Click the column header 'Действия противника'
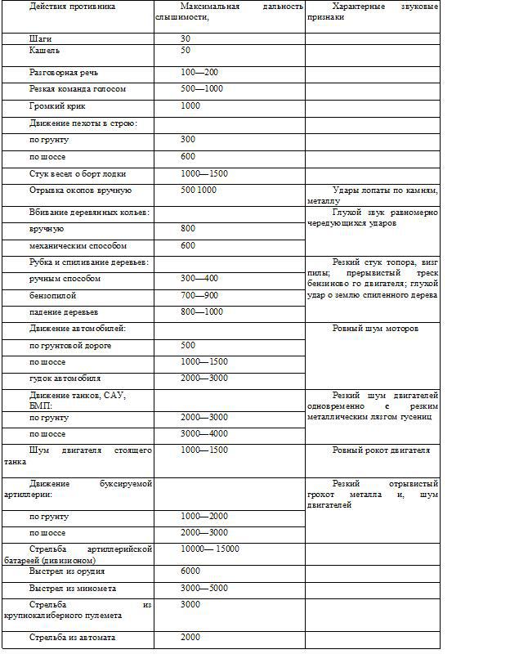tap(72, 7)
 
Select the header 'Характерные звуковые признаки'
tap(373, 11)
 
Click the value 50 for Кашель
tap(186, 50)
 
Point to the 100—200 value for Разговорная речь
tap(199, 72)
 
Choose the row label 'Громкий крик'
tap(57, 105)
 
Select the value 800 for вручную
tap(188, 228)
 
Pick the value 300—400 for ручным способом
tap(199, 278)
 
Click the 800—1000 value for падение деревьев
tap(202, 311)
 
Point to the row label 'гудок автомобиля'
tap(65, 379)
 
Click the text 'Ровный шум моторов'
tap(375, 328)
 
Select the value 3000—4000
tap(204, 433)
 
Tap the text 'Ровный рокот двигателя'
tap(380, 450)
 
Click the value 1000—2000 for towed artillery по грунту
tap(204, 516)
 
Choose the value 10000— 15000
tap(210, 549)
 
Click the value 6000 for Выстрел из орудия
tap(190, 571)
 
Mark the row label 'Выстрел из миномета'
tap(73, 588)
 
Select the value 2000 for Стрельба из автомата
tap(190, 637)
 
